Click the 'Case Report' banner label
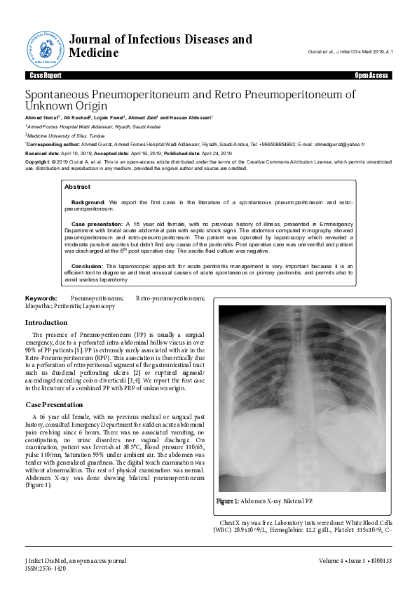(x=46, y=74)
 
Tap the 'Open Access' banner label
(x=371, y=74)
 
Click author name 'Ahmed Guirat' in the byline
(x=42, y=117)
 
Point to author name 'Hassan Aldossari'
(x=191, y=117)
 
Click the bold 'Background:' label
(x=88, y=202)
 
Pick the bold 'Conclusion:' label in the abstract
(x=88, y=267)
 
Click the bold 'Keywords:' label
(x=41, y=299)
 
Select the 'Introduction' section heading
(x=46, y=322)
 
